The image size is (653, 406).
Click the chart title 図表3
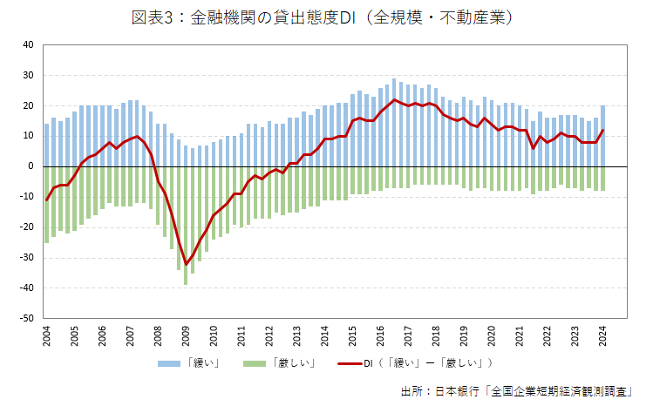point(322,17)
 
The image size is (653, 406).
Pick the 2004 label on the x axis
point(46,335)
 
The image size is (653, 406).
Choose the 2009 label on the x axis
point(186,335)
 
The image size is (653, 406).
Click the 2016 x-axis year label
point(380,335)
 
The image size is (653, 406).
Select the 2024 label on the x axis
point(602,335)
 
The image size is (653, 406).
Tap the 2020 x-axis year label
point(491,335)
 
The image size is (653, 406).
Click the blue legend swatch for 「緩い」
point(170,362)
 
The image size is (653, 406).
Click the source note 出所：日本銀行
point(522,390)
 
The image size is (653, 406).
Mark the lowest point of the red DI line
point(186,264)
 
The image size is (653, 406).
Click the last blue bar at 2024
point(602,135)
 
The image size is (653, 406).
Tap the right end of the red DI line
point(602,130)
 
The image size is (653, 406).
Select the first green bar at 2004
point(46,204)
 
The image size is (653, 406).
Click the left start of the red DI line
point(46,200)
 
